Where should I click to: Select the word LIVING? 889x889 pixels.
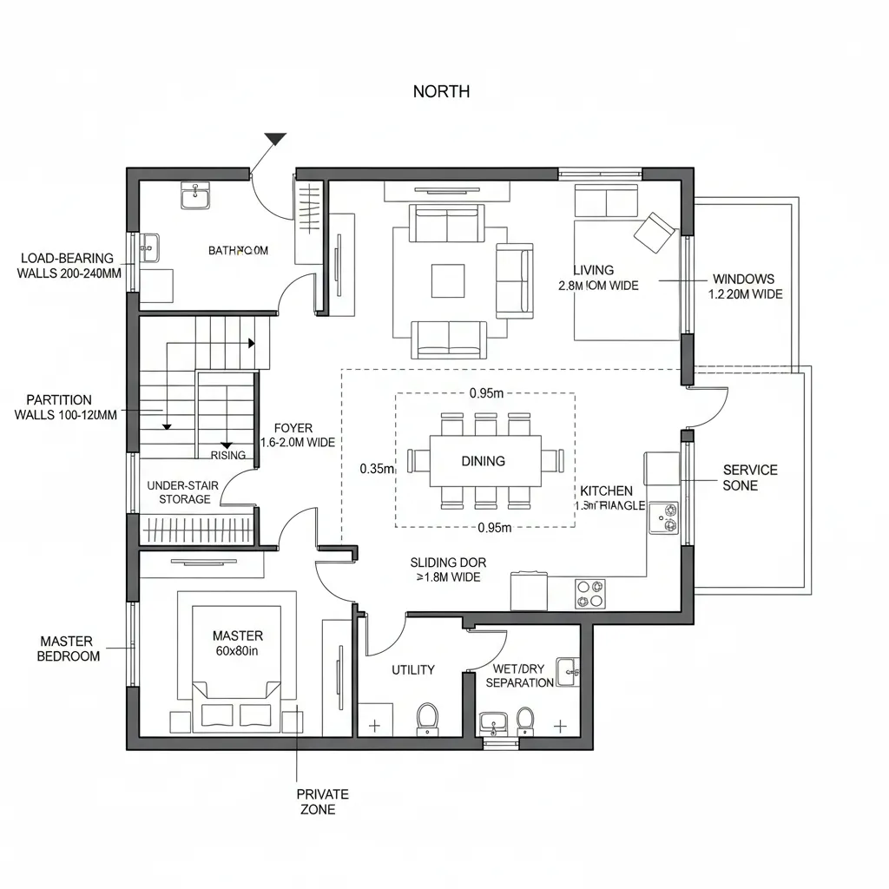point(593,270)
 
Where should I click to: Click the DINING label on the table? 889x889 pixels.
point(483,461)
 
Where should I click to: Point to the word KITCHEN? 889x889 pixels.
point(606,491)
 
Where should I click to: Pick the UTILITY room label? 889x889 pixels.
point(412,669)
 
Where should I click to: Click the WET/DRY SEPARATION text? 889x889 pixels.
point(519,675)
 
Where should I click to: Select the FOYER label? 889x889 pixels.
point(293,428)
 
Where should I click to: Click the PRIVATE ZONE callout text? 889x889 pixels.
point(322,801)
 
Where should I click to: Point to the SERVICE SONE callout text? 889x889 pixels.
point(749,477)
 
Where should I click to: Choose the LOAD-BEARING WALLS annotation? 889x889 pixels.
point(69,266)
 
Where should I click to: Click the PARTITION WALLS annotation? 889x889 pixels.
point(65,407)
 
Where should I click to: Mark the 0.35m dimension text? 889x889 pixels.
point(377,469)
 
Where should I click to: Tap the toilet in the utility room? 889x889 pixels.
point(426,717)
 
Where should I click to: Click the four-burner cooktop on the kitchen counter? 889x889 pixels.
point(590,594)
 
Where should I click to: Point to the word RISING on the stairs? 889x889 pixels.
point(228,455)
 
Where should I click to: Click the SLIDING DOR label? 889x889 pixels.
point(447,563)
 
